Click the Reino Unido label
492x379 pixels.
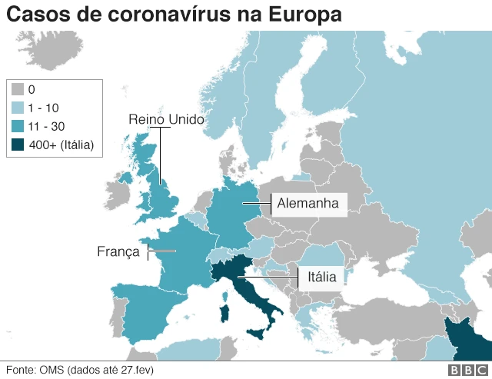click(x=166, y=119)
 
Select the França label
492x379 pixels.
click(x=118, y=251)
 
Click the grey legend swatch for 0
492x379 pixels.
click(x=18, y=90)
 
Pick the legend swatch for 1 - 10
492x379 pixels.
click(x=18, y=108)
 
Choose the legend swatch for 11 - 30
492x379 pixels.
click(x=18, y=125)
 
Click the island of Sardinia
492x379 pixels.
click(x=224, y=315)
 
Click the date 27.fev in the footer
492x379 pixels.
click(x=140, y=370)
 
